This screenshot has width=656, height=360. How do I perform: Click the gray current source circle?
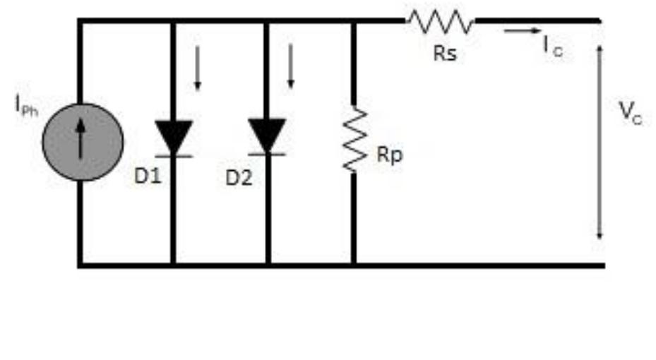82,141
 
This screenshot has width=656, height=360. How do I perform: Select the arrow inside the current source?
82,137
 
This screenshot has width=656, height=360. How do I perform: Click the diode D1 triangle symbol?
173,136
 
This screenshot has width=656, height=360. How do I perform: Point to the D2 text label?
239,177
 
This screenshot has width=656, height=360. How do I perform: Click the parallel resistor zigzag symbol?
354,139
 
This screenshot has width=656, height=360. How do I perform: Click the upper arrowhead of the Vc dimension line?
600,49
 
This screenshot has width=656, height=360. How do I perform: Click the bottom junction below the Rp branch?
354,265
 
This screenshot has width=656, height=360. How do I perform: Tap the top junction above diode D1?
173,21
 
